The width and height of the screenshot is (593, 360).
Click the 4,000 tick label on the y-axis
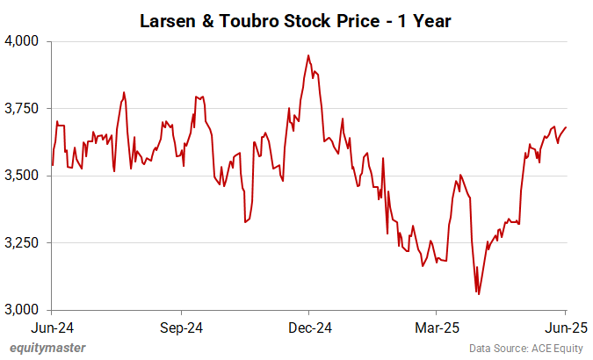[x=25, y=41]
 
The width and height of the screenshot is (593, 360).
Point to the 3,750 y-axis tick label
[x=25, y=108]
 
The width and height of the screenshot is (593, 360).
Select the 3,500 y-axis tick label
[x=25, y=176]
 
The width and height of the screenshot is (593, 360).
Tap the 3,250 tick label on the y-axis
[x=25, y=242]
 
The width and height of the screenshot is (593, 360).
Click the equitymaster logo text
[x=47, y=348]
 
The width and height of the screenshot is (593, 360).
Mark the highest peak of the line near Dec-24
[x=307, y=55]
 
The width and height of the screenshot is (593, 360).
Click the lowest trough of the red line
[x=478, y=294]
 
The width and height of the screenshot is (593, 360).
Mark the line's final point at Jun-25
[x=566, y=127]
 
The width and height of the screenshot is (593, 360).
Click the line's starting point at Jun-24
[x=53, y=165]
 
